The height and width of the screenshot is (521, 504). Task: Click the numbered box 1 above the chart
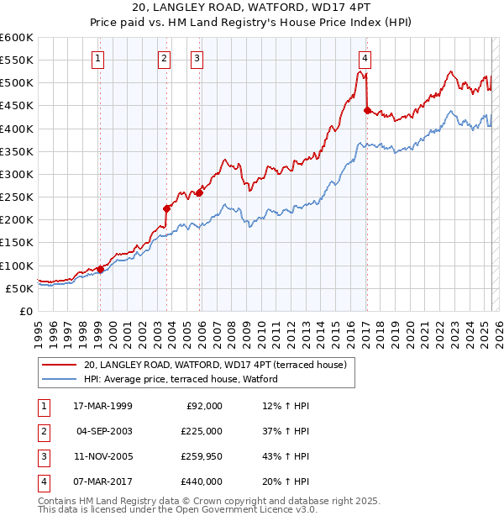click(x=98, y=59)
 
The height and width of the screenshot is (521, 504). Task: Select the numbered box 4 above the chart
click(x=365, y=59)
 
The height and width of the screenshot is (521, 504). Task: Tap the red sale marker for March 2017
click(x=367, y=109)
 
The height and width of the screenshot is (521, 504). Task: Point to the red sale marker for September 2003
click(x=166, y=208)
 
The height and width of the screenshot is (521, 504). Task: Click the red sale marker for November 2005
click(x=199, y=192)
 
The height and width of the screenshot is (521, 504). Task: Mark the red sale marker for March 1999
click(x=100, y=269)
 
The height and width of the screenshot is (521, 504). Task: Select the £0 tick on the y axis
click(x=27, y=311)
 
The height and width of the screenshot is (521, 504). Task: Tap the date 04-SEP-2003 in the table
click(x=103, y=431)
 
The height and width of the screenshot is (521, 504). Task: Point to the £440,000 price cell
click(x=202, y=482)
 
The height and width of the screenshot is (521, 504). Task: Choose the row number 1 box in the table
click(x=43, y=406)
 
